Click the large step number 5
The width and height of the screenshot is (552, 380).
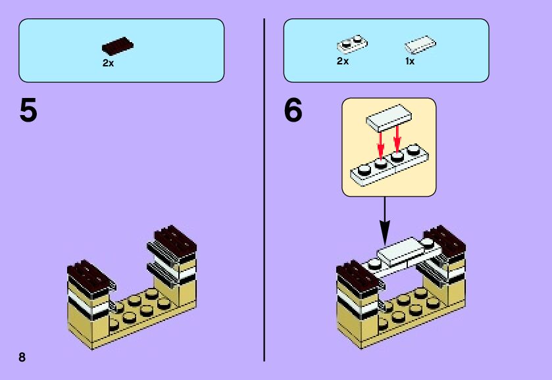(x=28, y=110)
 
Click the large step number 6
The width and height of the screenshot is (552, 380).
(x=293, y=110)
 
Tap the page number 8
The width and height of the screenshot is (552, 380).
(x=22, y=357)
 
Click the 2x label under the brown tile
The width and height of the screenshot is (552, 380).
(x=108, y=64)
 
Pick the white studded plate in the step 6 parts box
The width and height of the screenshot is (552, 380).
(x=352, y=44)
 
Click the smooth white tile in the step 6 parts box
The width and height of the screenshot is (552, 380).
(x=420, y=45)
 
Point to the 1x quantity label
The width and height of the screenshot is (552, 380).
(x=410, y=61)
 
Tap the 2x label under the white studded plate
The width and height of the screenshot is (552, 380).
(x=342, y=61)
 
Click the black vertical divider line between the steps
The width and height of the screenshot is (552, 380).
(x=264, y=190)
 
